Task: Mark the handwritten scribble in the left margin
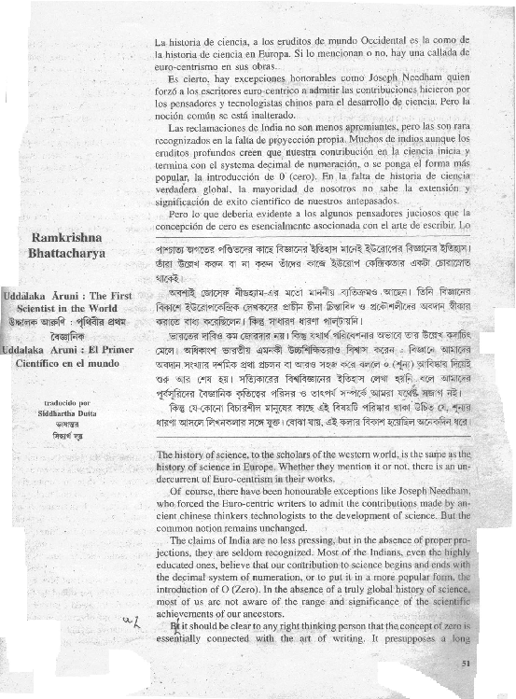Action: point(131,621)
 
